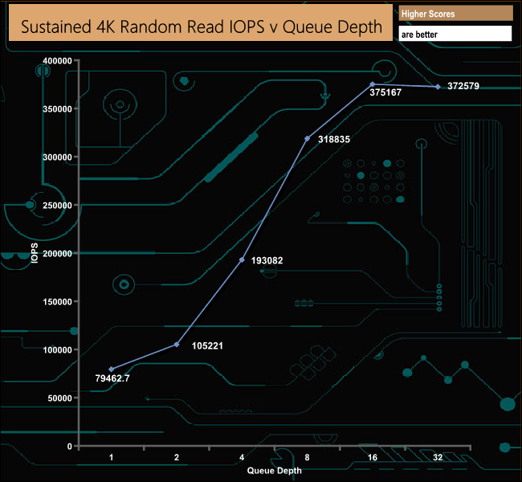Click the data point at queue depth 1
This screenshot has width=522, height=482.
click(112, 369)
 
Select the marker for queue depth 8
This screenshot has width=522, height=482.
click(308, 138)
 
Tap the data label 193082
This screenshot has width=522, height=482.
click(267, 260)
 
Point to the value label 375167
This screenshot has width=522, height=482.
click(385, 92)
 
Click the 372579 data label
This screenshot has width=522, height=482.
click(463, 86)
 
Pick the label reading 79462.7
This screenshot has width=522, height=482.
click(112, 378)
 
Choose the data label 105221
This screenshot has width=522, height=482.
click(207, 345)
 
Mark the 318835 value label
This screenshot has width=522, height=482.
click(334, 139)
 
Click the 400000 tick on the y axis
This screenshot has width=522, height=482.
click(57, 60)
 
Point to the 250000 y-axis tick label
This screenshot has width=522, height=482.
click(57, 205)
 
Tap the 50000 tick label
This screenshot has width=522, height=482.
click(60, 398)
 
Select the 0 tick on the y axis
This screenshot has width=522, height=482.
click(70, 447)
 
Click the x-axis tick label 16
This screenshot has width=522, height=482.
click(373, 457)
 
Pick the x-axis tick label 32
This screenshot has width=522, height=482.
click(438, 457)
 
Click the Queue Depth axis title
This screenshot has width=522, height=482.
click(275, 470)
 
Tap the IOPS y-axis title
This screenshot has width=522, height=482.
click(35, 253)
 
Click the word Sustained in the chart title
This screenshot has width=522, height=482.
click(56, 27)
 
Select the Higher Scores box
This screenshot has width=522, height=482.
click(455, 14)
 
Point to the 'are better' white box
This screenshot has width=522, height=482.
click(455, 34)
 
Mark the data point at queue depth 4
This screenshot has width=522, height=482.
click(242, 259)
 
